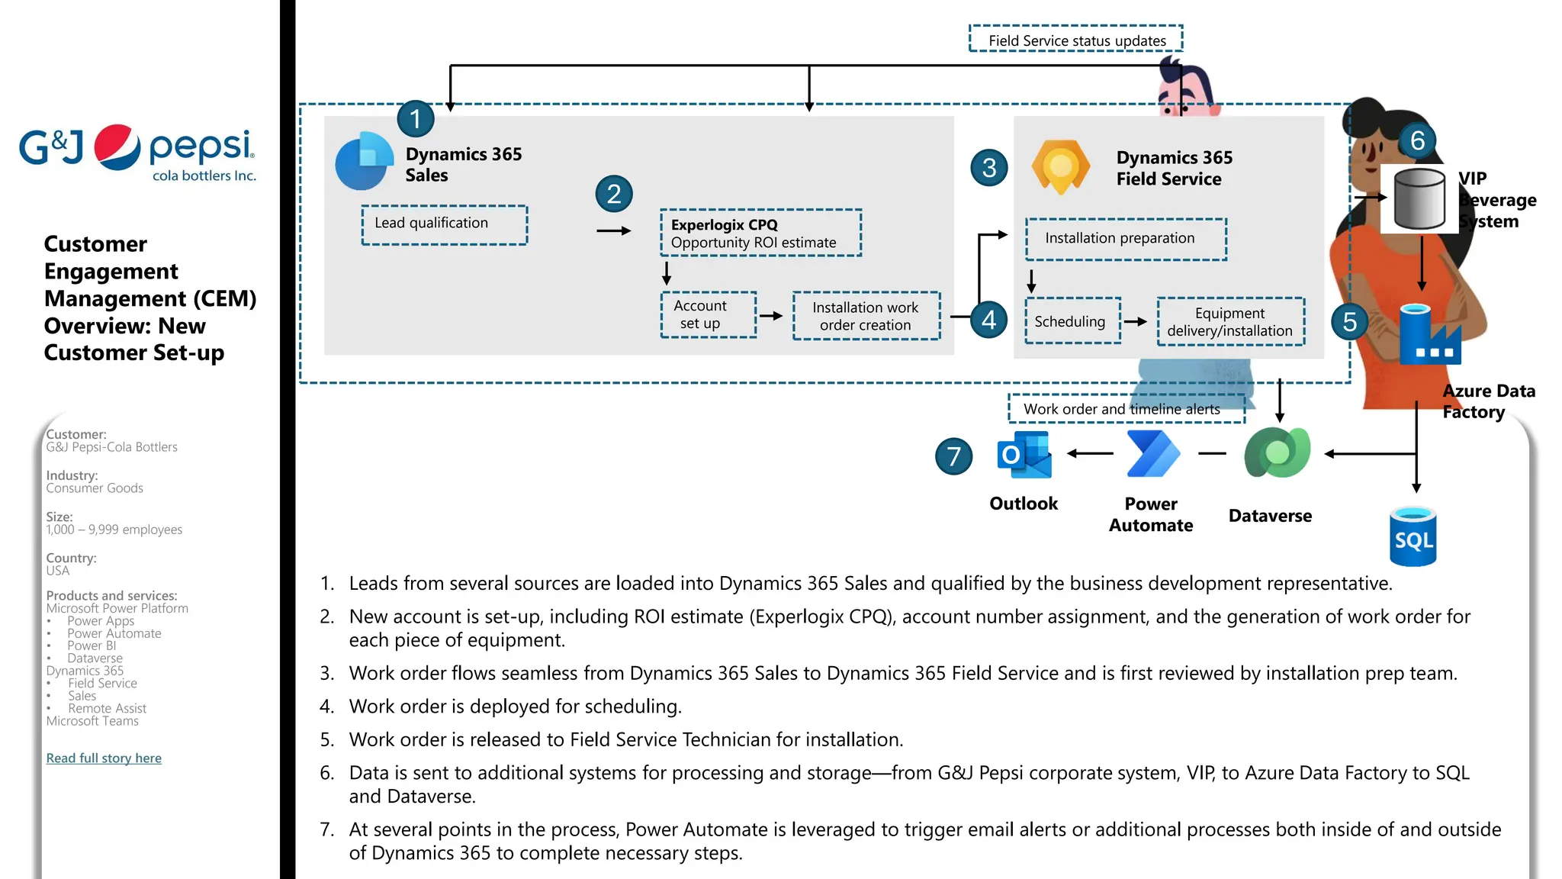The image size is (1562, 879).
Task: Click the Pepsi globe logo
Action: point(117,146)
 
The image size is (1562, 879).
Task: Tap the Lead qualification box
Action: point(445,224)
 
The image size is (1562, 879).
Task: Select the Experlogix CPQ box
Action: point(760,233)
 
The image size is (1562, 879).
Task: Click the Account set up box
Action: point(708,314)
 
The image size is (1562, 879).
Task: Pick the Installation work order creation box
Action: point(866,316)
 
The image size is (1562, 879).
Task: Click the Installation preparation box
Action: point(1125,239)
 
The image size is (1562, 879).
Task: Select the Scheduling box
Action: point(1072,321)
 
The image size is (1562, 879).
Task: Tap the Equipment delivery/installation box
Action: point(1230,322)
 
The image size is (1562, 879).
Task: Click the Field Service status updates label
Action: point(1076,40)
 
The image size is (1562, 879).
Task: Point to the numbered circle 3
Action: point(989,168)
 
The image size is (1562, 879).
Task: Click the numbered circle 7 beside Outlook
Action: point(953,456)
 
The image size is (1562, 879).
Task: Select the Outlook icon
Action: point(1024,455)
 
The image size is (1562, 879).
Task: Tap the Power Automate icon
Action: point(1152,454)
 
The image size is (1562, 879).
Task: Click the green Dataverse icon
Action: point(1277,453)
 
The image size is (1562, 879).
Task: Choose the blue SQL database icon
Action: point(1413,537)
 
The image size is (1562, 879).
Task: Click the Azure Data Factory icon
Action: point(1429,335)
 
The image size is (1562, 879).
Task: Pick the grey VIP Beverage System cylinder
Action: point(1419,199)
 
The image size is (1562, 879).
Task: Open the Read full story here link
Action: point(104,758)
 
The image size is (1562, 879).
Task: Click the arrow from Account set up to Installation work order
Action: point(772,316)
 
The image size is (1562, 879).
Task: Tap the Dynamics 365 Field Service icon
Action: point(1060,166)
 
